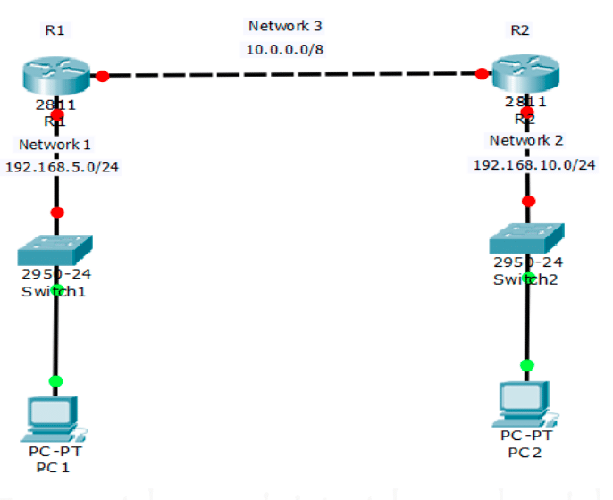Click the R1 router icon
(56, 74)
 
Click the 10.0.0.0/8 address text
(285, 48)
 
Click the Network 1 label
(55, 144)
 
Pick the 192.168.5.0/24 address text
(63, 166)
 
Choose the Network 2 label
(525, 140)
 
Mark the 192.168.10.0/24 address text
(534, 164)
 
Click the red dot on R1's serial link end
(103, 76)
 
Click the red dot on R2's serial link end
(483, 73)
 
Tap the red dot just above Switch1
(57, 212)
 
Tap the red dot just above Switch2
(528, 201)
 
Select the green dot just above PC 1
(55, 381)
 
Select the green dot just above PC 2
(527, 365)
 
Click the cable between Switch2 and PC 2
(527, 321)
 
